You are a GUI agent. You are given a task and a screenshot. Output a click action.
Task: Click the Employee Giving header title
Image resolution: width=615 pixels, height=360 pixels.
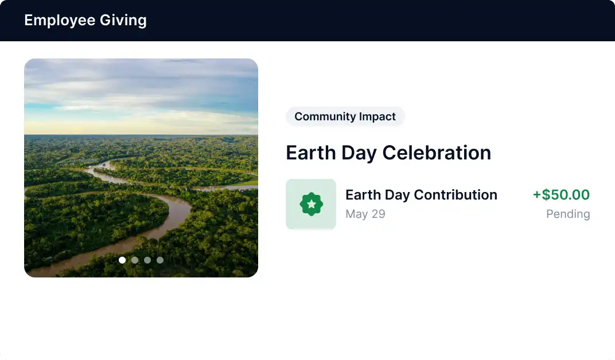[x=85, y=21]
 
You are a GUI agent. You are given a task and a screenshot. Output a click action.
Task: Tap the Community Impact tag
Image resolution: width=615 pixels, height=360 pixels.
[x=345, y=116]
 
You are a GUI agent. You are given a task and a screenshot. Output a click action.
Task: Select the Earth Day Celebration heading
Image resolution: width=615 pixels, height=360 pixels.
[x=388, y=152]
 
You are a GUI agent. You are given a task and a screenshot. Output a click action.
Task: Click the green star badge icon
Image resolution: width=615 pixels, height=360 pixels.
[x=311, y=204]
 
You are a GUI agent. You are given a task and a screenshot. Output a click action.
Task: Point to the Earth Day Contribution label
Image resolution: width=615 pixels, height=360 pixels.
[x=421, y=195]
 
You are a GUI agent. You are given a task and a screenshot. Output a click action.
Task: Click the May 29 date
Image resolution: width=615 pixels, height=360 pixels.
[x=365, y=214]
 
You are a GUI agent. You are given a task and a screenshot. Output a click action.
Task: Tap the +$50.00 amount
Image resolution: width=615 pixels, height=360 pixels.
[x=561, y=195]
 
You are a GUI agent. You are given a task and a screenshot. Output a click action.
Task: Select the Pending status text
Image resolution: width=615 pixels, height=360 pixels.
[x=568, y=214]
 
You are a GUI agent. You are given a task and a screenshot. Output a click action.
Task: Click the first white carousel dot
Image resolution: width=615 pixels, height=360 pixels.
[x=122, y=260]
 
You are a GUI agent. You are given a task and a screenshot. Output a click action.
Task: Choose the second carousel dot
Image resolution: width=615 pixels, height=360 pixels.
[x=135, y=260]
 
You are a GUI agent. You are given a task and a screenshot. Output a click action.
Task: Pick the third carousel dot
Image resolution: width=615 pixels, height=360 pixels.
[x=147, y=260]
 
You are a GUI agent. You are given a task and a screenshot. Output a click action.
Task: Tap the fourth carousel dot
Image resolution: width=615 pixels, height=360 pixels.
[x=160, y=260]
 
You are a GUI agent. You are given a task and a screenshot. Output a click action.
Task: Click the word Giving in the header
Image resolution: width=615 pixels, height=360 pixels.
[x=123, y=21]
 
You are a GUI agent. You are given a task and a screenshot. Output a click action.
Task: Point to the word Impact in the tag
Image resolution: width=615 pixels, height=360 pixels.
[x=377, y=116]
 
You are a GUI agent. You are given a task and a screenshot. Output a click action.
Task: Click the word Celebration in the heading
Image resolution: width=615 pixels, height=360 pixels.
[x=437, y=152]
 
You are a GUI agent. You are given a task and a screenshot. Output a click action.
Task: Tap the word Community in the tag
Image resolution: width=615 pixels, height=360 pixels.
[x=325, y=116]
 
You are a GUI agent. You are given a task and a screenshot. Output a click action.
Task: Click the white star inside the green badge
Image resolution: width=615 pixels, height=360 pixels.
[x=311, y=204]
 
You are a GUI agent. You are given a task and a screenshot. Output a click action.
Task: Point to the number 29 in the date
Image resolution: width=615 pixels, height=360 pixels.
[x=379, y=214]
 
